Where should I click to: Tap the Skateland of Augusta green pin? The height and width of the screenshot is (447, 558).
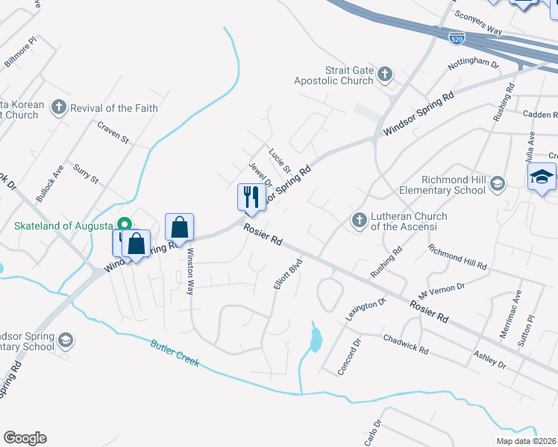point(125,224)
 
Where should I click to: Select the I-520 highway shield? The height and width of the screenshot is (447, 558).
point(457,36)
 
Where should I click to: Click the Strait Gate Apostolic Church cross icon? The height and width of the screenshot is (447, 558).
point(384,73)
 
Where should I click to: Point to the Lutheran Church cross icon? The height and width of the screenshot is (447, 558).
point(359,220)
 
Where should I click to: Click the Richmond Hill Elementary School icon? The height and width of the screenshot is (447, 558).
point(497,183)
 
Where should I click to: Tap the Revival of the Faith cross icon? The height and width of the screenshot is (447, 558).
point(59,108)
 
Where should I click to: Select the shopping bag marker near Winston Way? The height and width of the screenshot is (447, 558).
point(179,226)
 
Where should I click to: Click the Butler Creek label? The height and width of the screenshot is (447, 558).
point(175,352)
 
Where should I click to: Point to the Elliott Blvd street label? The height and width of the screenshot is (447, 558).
point(287,274)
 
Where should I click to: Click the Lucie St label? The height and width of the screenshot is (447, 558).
point(279,159)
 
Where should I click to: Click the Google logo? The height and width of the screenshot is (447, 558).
point(25,438)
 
